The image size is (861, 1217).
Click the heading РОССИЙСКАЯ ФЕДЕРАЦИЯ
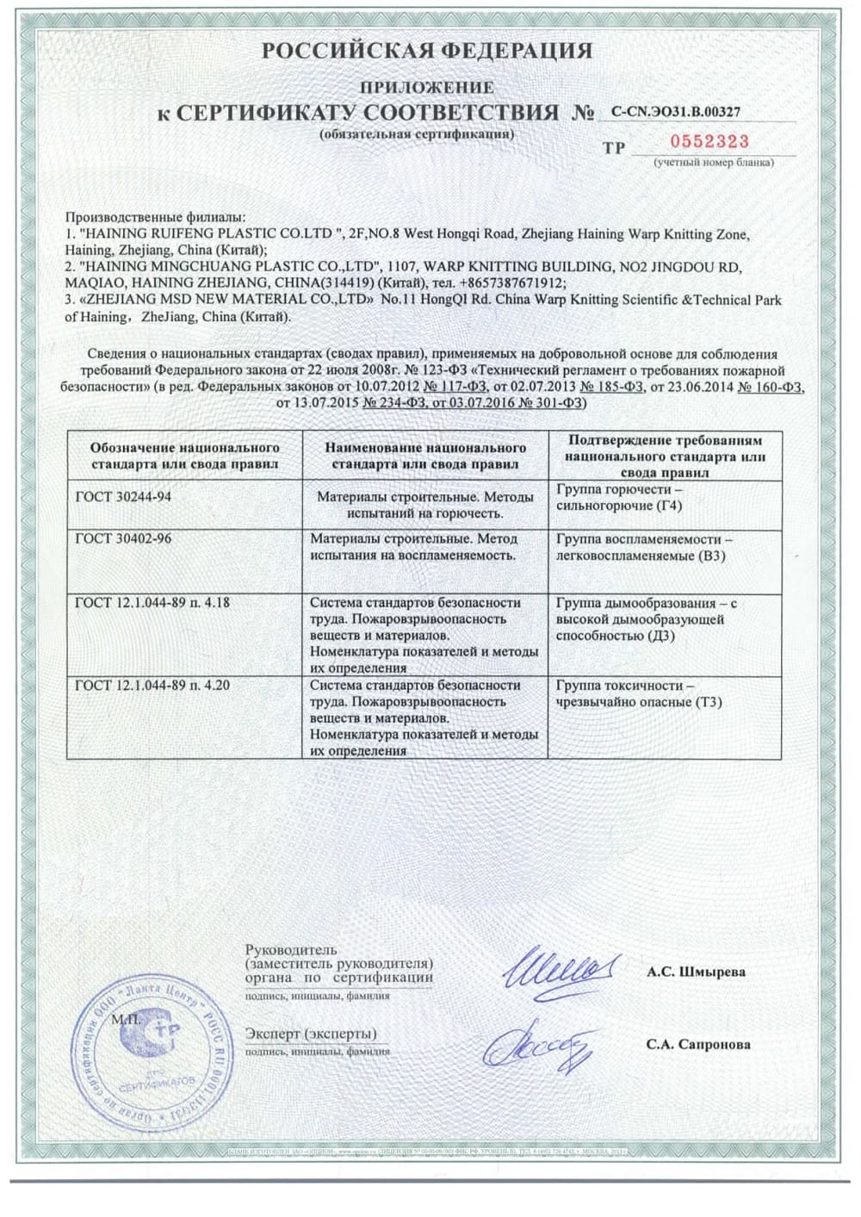pyautogui.click(x=427, y=52)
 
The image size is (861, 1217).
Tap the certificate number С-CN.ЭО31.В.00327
pyautogui.click(x=676, y=112)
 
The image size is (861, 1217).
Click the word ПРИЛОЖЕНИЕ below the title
pyautogui.click(x=427, y=87)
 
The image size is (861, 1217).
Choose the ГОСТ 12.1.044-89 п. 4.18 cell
pyautogui.click(x=152, y=603)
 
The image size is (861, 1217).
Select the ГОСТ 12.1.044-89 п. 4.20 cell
pyautogui.click(x=152, y=686)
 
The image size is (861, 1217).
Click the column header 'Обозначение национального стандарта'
pyautogui.click(x=185, y=456)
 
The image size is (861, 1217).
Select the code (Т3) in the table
pyautogui.click(x=707, y=702)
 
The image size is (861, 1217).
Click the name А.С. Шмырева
pyautogui.click(x=696, y=972)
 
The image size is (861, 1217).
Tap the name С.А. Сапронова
pyautogui.click(x=698, y=1044)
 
